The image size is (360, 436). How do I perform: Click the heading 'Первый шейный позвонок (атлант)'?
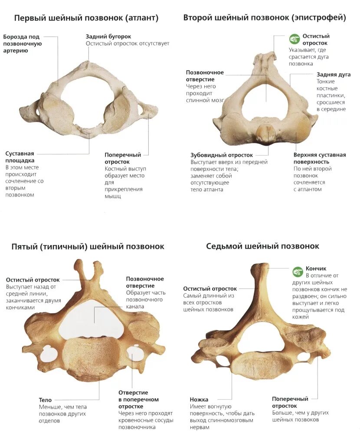tap(86, 18)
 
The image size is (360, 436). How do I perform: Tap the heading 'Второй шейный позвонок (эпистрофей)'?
tap(265, 18)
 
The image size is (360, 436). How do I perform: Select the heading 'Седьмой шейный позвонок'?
tap(263, 246)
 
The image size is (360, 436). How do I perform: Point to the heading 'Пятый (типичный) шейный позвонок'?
tap(88, 246)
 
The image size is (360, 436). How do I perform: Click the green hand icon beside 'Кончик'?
tap(297, 272)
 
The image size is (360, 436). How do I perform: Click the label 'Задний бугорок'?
tap(108, 37)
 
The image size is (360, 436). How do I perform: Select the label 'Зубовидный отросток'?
tap(222, 155)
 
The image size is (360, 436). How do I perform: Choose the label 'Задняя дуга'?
tap(333, 75)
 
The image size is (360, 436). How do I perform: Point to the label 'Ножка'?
tap(199, 399)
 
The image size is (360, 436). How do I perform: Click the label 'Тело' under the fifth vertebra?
tap(45, 400)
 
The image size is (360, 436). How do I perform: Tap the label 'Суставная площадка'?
tap(20, 157)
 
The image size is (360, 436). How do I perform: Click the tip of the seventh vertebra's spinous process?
tap(259, 267)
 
